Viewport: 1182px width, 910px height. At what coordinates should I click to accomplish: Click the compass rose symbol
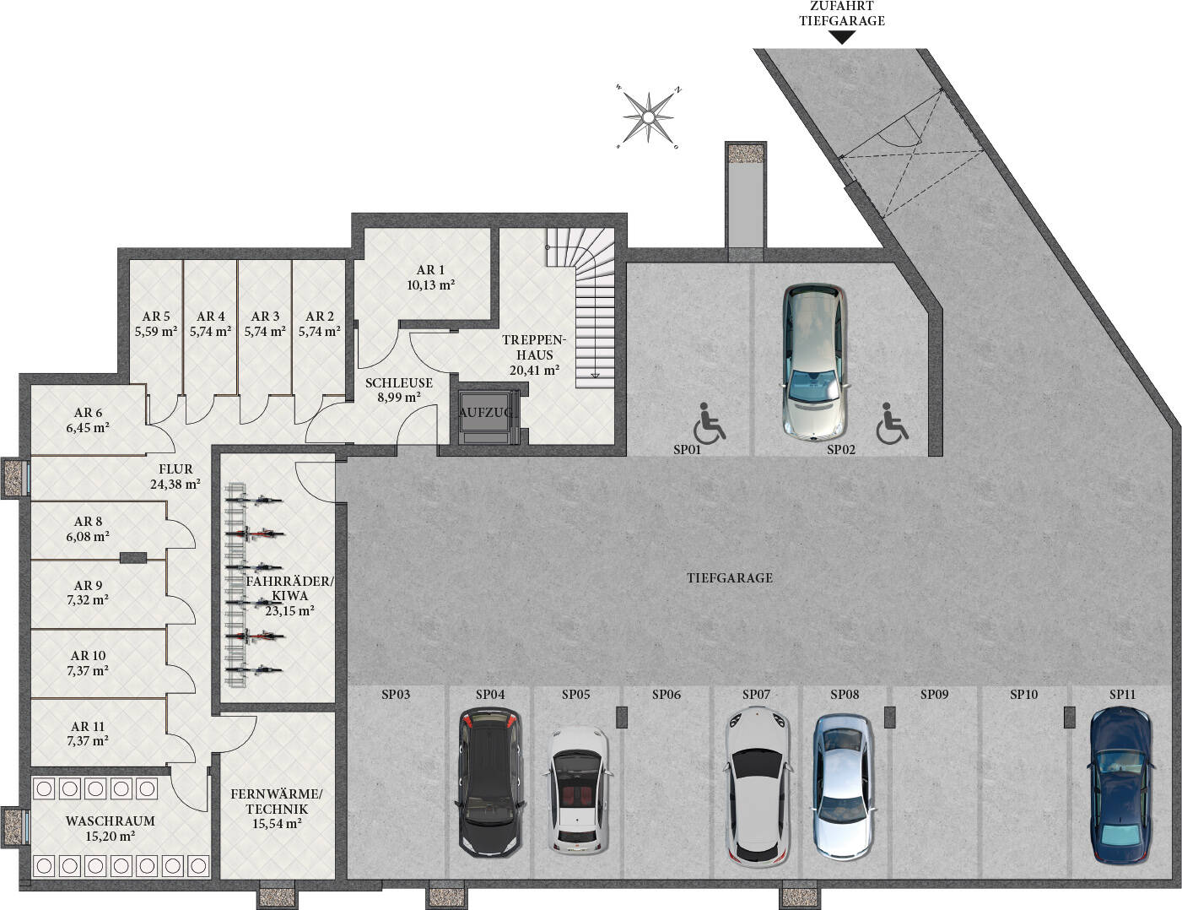pyautogui.click(x=648, y=117)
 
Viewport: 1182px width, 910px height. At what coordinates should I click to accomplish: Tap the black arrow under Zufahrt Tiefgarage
pyautogui.click(x=841, y=37)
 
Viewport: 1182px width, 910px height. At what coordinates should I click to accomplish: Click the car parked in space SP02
pyautogui.click(x=813, y=361)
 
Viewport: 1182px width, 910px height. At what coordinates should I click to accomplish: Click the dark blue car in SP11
pyautogui.click(x=1120, y=784)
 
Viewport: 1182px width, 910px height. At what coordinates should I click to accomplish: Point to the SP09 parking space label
pyautogui.click(x=934, y=695)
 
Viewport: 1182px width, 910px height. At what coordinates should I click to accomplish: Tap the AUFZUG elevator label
pyautogui.click(x=487, y=413)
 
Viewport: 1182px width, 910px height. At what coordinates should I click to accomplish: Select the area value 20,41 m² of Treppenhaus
pyautogui.click(x=534, y=370)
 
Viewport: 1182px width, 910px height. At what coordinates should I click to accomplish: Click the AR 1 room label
pyautogui.click(x=430, y=270)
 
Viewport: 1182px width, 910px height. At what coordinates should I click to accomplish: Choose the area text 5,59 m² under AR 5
pyautogui.click(x=156, y=332)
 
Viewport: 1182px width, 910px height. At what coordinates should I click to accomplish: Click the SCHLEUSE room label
pyautogui.click(x=398, y=382)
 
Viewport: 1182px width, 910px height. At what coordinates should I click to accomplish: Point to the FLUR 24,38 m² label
pyautogui.click(x=175, y=476)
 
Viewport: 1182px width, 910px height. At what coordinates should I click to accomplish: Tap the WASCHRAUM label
pyautogui.click(x=111, y=821)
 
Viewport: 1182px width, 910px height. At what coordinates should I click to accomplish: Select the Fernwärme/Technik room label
pyautogui.click(x=277, y=801)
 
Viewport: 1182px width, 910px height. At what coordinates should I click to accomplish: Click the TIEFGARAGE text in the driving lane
pyautogui.click(x=729, y=578)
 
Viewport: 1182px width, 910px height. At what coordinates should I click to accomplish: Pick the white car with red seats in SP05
pyautogui.click(x=579, y=789)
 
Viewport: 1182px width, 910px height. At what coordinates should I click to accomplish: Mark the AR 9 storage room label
pyautogui.click(x=89, y=585)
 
